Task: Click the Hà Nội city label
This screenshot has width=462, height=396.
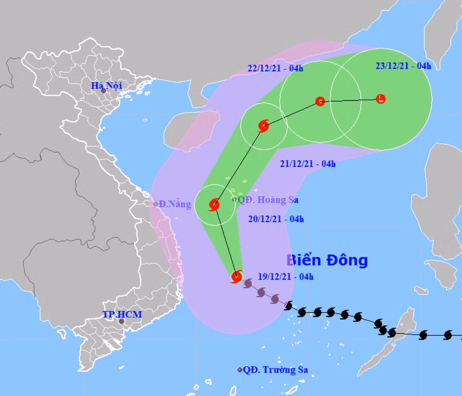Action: coord(106,85)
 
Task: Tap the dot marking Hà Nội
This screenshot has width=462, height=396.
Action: coord(103,91)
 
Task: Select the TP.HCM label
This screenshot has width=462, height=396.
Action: coord(122,314)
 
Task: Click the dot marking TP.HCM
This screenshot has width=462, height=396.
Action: coord(122,321)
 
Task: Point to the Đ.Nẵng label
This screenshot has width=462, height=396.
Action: coord(175,204)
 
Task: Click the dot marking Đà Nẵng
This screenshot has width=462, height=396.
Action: coord(156,204)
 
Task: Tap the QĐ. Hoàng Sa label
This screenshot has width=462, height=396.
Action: coord(268,200)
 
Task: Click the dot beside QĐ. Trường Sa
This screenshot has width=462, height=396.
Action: coord(240,370)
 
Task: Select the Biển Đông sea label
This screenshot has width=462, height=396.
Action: coord(327,260)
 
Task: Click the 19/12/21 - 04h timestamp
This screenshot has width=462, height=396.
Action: coord(285,277)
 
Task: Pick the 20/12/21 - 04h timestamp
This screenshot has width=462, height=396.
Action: coord(276,219)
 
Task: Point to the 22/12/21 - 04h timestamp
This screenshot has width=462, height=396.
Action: coord(275,69)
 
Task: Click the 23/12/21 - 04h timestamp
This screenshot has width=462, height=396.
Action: coord(403,65)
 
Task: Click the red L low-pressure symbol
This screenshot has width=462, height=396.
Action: coord(380,99)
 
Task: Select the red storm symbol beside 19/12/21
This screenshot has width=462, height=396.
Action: coord(237,276)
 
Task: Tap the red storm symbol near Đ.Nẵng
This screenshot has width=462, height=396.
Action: coord(214,205)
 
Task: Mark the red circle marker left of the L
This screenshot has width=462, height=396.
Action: coord(320,101)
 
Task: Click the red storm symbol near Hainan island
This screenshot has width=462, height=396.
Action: coord(264,126)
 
